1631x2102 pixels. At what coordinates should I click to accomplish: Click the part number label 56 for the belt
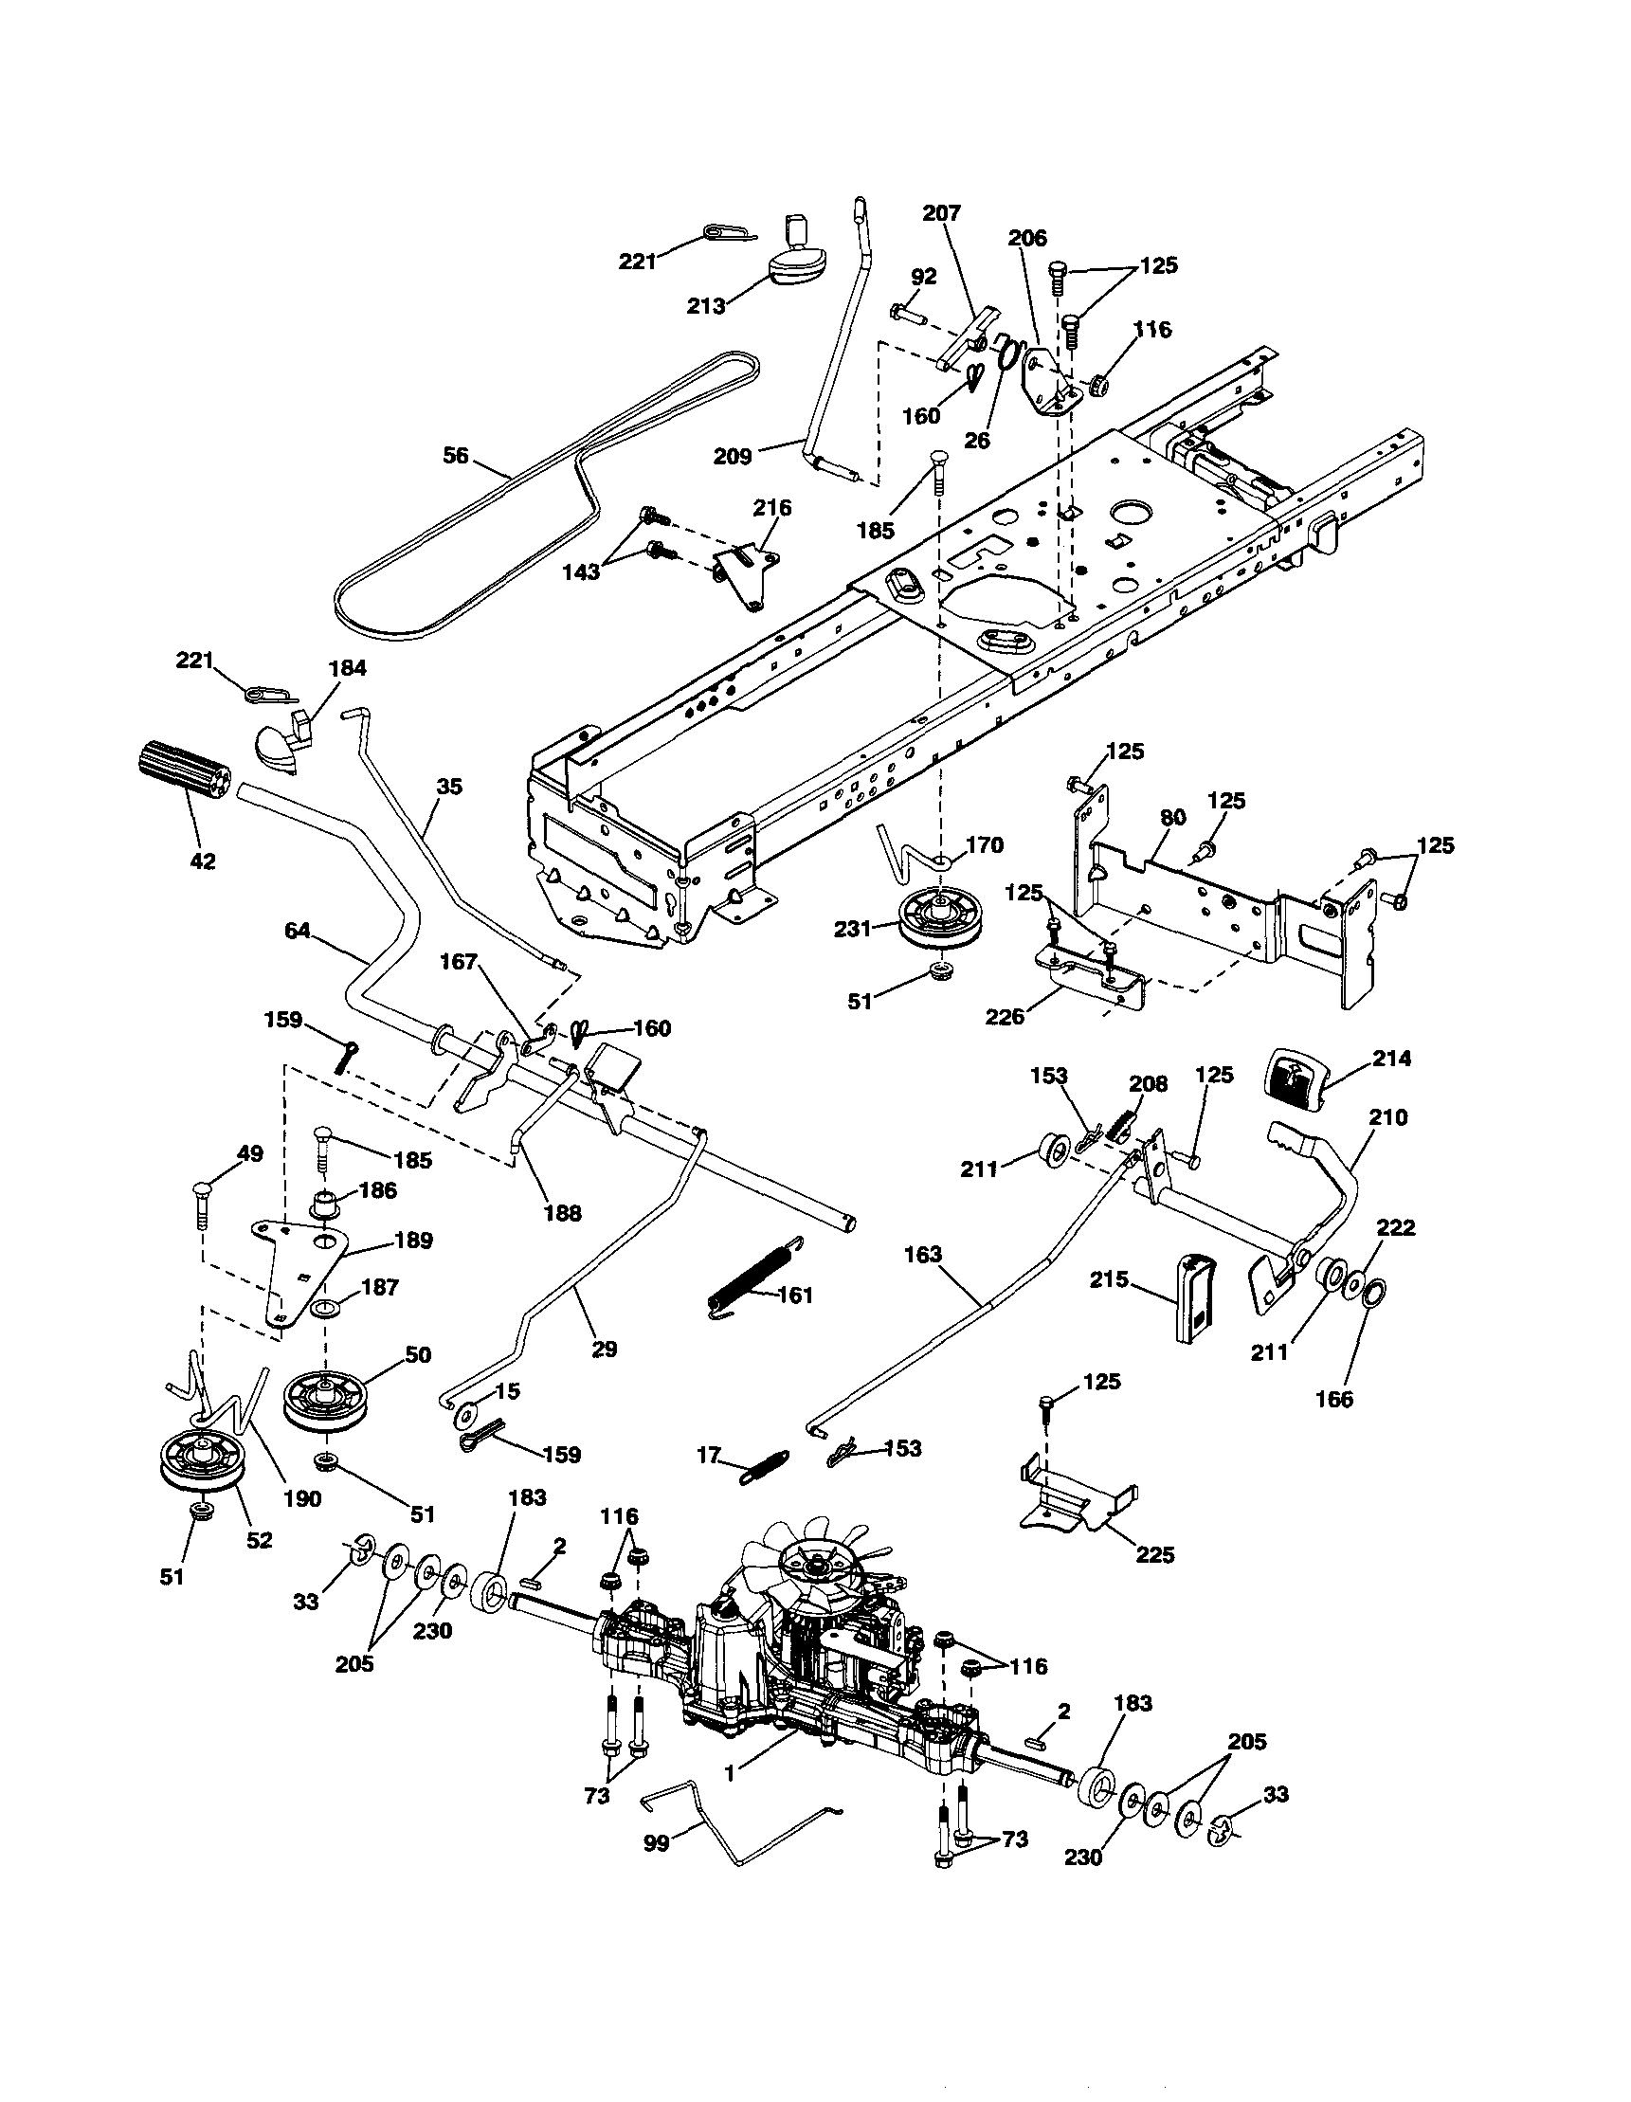point(455,454)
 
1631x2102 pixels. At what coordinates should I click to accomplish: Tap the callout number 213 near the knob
point(706,306)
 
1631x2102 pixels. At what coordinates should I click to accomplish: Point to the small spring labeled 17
point(766,1469)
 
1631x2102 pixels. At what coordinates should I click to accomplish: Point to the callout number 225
point(1154,1554)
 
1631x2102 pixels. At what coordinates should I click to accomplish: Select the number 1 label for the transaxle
point(730,1772)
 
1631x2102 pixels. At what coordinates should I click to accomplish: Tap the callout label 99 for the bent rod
point(655,1844)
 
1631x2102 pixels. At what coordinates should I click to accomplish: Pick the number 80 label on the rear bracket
point(1173,817)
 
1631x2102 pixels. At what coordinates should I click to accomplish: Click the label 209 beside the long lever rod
point(733,455)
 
